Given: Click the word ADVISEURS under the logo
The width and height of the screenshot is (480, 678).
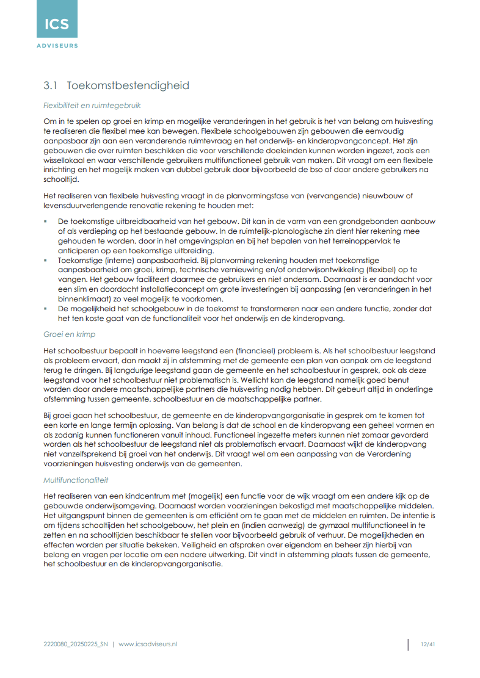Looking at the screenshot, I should coord(57,45).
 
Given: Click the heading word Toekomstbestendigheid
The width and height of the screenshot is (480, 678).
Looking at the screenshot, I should coord(128,85).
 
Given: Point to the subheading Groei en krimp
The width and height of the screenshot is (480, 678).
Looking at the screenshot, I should coord(69,335).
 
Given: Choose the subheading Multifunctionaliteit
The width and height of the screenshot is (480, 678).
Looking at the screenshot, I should coord(76,480).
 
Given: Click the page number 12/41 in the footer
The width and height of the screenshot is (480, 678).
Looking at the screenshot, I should coord(427,644).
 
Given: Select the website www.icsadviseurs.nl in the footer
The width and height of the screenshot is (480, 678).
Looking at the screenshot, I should coord(148,644).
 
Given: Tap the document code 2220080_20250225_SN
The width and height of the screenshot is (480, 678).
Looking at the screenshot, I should coord(76,644).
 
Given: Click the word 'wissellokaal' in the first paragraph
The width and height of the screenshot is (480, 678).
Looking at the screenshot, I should coord(64,161).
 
